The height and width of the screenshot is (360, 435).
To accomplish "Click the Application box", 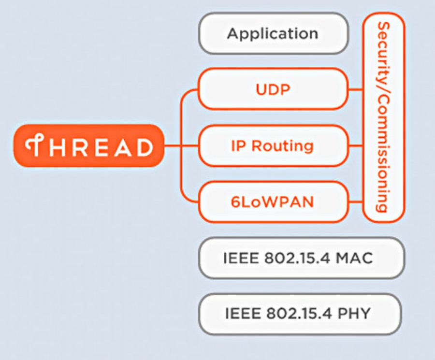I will click(x=273, y=33).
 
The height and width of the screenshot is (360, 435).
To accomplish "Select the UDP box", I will click(x=273, y=89).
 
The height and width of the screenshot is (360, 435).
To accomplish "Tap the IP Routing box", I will click(x=273, y=145).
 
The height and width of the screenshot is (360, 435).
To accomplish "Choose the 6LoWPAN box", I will click(x=273, y=201).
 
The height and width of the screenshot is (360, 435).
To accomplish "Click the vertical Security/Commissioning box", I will click(x=383, y=117).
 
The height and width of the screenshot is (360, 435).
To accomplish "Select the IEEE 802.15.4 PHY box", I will click(x=300, y=314).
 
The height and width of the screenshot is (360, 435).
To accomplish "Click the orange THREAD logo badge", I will click(x=88, y=145).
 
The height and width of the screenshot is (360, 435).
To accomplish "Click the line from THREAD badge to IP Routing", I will click(x=181, y=145).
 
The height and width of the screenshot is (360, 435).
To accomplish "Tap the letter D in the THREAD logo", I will click(x=144, y=146).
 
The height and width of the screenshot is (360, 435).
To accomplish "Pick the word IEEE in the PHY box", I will click(x=242, y=314).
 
